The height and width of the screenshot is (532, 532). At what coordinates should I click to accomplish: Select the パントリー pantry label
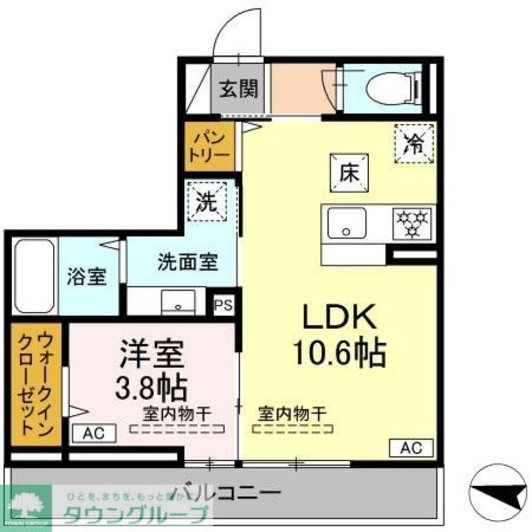point(211,146)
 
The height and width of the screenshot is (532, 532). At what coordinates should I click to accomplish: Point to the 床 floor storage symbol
point(349,173)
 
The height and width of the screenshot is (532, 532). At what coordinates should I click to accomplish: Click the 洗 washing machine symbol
point(207,200)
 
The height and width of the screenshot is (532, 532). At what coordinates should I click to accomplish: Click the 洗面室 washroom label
point(187,262)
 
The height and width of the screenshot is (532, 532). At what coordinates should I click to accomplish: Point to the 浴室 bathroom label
point(87,277)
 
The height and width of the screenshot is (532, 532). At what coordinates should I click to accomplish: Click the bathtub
point(35,277)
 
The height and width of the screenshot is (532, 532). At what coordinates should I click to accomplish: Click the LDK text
point(339,319)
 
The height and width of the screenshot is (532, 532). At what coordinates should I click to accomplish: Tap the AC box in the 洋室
point(94,433)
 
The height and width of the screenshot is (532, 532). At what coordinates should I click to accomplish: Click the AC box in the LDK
point(411,448)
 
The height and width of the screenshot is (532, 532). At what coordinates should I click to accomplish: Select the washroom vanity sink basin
point(178,302)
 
